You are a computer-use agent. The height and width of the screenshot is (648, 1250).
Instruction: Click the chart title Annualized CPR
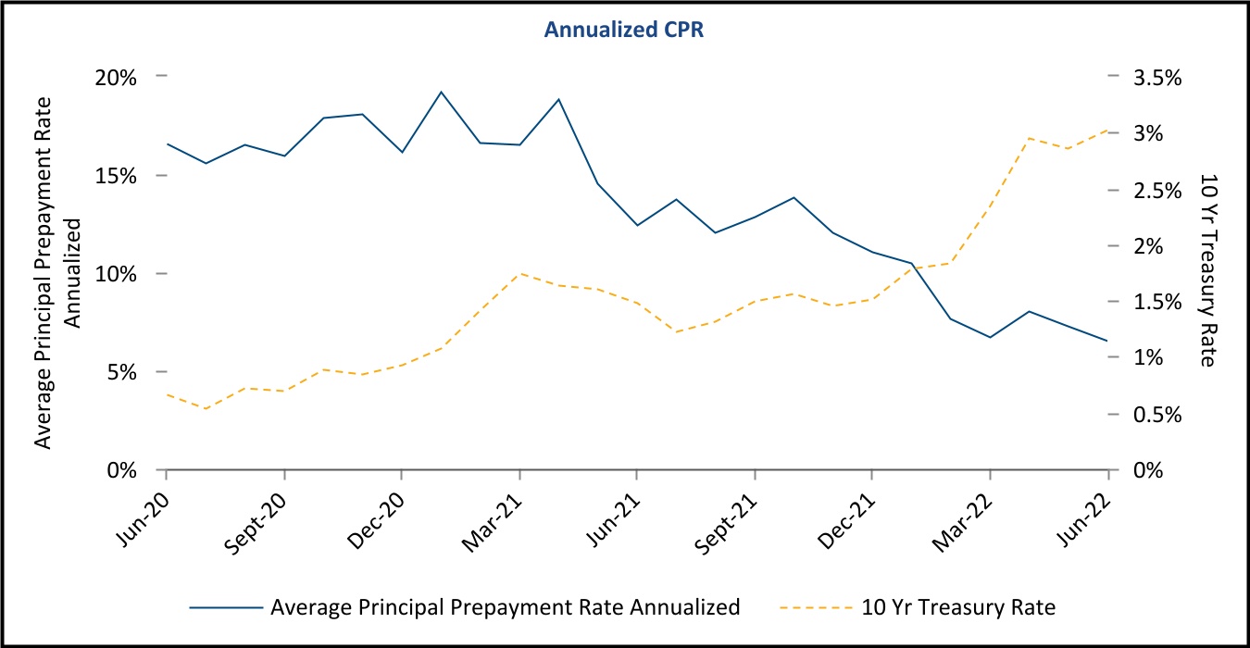point(625,29)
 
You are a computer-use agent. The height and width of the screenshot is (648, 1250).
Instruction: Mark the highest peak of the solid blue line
point(441,92)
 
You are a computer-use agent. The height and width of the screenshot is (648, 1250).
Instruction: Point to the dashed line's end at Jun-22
point(1108,131)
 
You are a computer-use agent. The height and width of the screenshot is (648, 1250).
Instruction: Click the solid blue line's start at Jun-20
point(167,144)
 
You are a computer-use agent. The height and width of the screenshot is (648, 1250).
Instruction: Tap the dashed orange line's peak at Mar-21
point(519,273)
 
